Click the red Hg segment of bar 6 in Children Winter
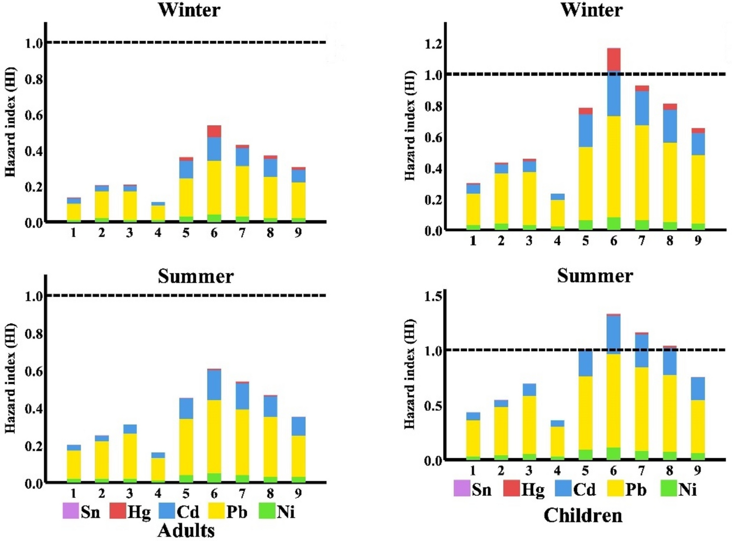click(613, 60)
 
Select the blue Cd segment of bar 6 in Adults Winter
click(214, 149)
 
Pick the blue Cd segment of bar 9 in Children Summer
click(698, 388)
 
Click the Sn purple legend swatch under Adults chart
click(70, 511)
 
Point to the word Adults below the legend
click(186, 530)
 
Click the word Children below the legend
click(582, 515)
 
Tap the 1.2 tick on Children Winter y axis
click(433, 44)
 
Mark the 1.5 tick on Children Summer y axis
click(433, 296)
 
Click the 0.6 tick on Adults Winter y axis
click(34, 115)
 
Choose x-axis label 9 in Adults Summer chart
click(298, 494)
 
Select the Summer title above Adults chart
click(195, 276)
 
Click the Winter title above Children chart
click(591, 9)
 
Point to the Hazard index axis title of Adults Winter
click(10, 122)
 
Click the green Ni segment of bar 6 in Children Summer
click(613, 453)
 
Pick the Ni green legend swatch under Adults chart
click(267, 511)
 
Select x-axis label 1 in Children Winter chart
click(473, 240)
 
